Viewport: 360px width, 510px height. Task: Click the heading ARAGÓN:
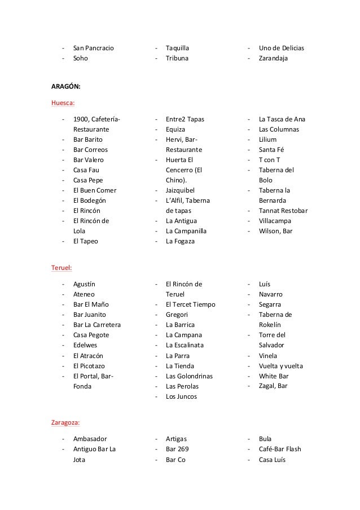(x=66, y=86)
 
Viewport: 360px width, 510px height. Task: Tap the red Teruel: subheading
(x=62, y=268)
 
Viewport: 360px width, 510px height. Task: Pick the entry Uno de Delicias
(x=281, y=48)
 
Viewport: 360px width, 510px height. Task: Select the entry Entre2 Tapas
(x=185, y=119)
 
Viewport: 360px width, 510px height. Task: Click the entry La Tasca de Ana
(x=282, y=119)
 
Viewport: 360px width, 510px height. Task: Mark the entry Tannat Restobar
(x=283, y=211)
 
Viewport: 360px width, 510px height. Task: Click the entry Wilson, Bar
(x=275, y=231)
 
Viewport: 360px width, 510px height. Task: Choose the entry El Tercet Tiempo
(x=190, y=304)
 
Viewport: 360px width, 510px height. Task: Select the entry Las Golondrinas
(x=189, y=376)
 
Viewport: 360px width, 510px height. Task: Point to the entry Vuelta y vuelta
(x=280, y=365)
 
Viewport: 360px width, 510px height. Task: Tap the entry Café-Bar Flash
(x=280, y=449)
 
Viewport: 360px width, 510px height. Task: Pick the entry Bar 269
(x=177, y=449)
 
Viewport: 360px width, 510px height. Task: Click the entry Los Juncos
(x=181, y=396)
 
